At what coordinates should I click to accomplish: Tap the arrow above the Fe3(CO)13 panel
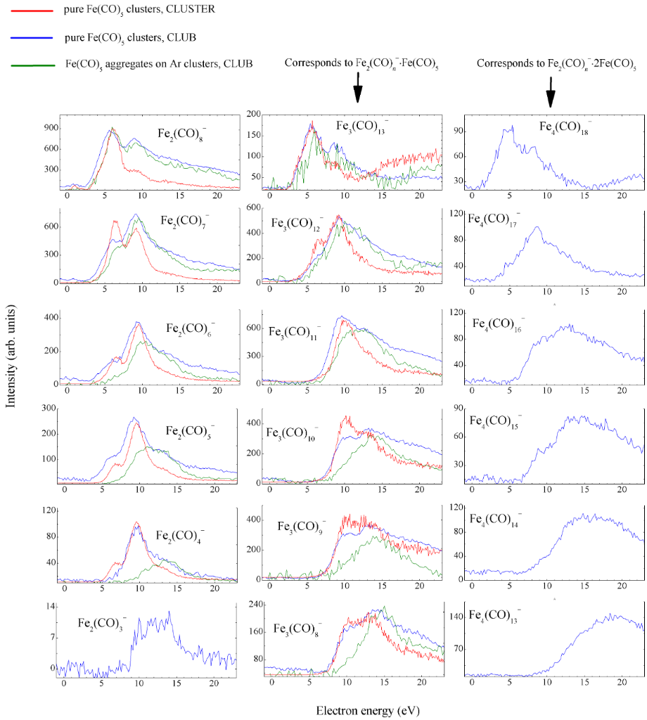tap(357, 89)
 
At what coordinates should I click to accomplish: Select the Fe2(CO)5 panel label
tap(190, 431)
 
